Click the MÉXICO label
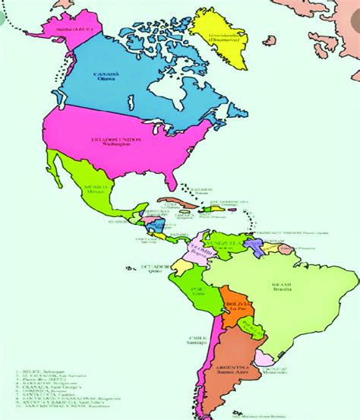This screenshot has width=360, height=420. [x=93, y=186]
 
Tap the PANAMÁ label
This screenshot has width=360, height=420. [x=180, y=235]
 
